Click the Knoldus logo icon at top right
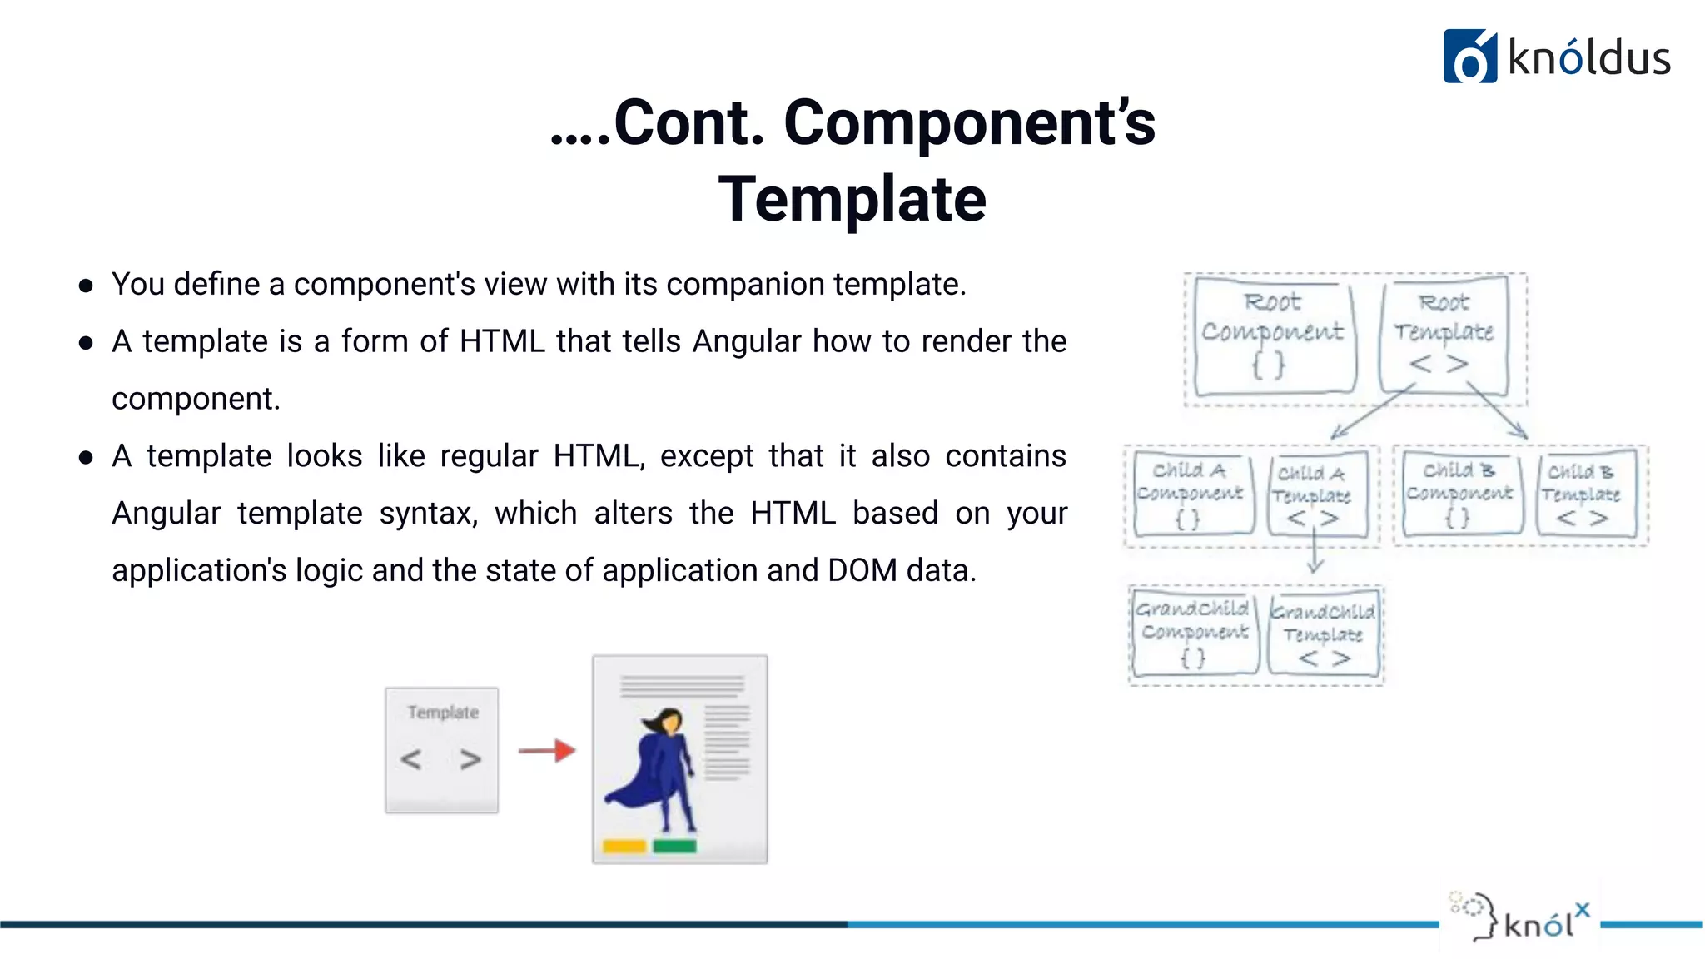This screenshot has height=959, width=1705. (1469, 57)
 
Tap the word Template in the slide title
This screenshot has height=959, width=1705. (852, 200)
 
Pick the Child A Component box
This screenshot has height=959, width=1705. (1191, 494)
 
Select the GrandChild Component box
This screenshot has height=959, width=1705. (1194, 633)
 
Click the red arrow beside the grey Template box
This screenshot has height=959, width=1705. (547, 751)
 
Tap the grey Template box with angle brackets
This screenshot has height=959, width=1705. (442, 749)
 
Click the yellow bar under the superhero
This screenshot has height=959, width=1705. (624, 847)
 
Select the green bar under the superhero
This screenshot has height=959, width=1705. (674, 847)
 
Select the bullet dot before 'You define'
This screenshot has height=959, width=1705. (86, 286)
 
